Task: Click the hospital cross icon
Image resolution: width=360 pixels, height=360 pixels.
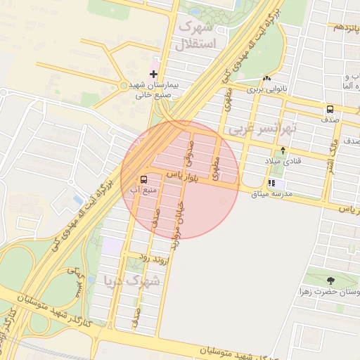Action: (x=153, y=73)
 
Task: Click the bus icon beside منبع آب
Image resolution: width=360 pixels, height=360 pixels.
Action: (x=144, y=179)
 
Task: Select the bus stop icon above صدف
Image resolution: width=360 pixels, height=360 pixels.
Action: (x=330, y=109)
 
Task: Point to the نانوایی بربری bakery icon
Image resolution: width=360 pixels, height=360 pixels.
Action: (x=266, y=78)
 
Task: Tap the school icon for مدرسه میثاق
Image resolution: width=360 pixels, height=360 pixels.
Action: (x=271, y=184)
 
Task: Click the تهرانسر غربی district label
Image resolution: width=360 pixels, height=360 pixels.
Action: (x=262, y=129)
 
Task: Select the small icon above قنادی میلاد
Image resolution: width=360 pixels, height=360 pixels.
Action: (x=283, y=150)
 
